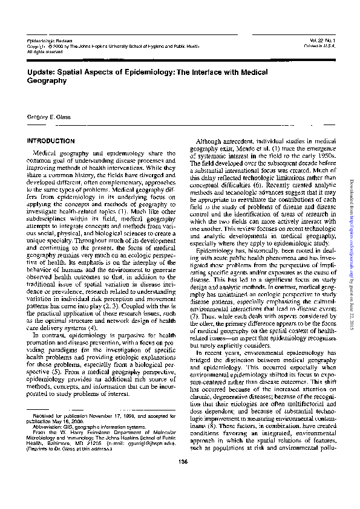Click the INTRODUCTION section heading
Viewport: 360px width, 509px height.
coord(51,141)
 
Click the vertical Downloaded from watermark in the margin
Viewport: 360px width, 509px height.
coord(350,254)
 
